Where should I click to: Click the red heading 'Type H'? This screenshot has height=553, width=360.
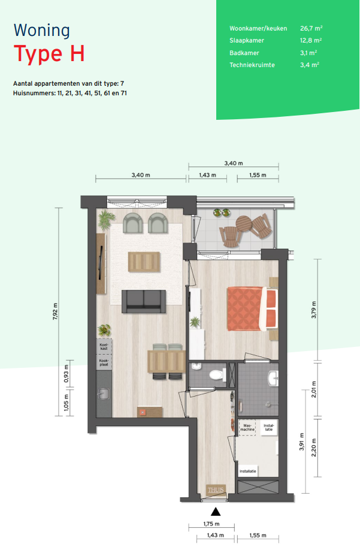coord(49,54)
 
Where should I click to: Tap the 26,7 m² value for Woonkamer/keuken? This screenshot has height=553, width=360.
coord(311,28)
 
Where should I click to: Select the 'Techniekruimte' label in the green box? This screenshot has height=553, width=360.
coord(252,65)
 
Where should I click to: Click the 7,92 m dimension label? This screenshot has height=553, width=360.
coord(55,312)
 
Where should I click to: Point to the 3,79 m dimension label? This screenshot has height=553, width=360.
coord(314,310)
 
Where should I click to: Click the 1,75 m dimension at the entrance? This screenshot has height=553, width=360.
coord(211,524)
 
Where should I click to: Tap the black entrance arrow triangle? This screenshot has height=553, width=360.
coord(216,512)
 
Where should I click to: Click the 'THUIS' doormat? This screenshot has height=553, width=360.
coord(216,489)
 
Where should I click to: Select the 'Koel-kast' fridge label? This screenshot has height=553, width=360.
coord(104,347)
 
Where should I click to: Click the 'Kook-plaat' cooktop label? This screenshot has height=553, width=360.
coord(104,362)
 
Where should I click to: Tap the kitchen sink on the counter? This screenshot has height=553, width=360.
coord(104,394)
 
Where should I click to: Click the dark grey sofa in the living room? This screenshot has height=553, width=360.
coord(144,301)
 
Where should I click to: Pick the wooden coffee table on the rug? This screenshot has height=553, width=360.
coord(144,262)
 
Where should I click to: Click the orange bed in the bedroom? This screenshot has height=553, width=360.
coord(252,309)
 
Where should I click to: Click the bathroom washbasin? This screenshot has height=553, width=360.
coord(273,379)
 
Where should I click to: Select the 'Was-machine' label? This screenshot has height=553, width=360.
coord(247,428)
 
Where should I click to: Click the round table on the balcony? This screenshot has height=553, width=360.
coord(243,223)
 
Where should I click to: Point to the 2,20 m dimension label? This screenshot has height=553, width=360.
coord(314,448)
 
